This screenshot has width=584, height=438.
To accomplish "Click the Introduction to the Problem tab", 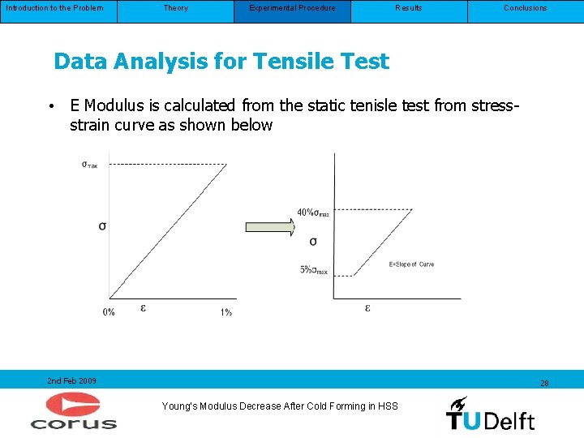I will pos(55,8).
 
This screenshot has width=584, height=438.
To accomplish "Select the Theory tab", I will pos(175,8).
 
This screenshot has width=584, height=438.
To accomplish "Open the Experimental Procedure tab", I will pos(292,8).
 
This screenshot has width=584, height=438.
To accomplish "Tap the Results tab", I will pos(409,8).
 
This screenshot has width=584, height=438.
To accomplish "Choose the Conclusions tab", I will pos(526,8).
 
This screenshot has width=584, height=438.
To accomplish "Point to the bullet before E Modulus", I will pos(50,106).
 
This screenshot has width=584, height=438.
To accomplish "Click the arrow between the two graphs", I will pos(271,226).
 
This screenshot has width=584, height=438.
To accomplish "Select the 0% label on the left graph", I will pos(109,312).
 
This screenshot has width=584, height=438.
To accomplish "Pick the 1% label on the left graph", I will pos(225,312).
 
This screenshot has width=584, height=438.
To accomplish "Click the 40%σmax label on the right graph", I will pos(313,213).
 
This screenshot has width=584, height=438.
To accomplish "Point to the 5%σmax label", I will pos(314,270).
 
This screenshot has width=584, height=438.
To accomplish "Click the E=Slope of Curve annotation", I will pos(411,264).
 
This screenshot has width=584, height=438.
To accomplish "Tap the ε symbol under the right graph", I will pos(367,308).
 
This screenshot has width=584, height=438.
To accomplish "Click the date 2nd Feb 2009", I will pos(71,380).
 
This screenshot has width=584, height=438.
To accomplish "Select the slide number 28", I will pos(544,383).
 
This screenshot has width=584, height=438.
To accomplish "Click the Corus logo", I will pos(74,410).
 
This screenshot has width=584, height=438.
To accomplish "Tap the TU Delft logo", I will pos(490,414).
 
